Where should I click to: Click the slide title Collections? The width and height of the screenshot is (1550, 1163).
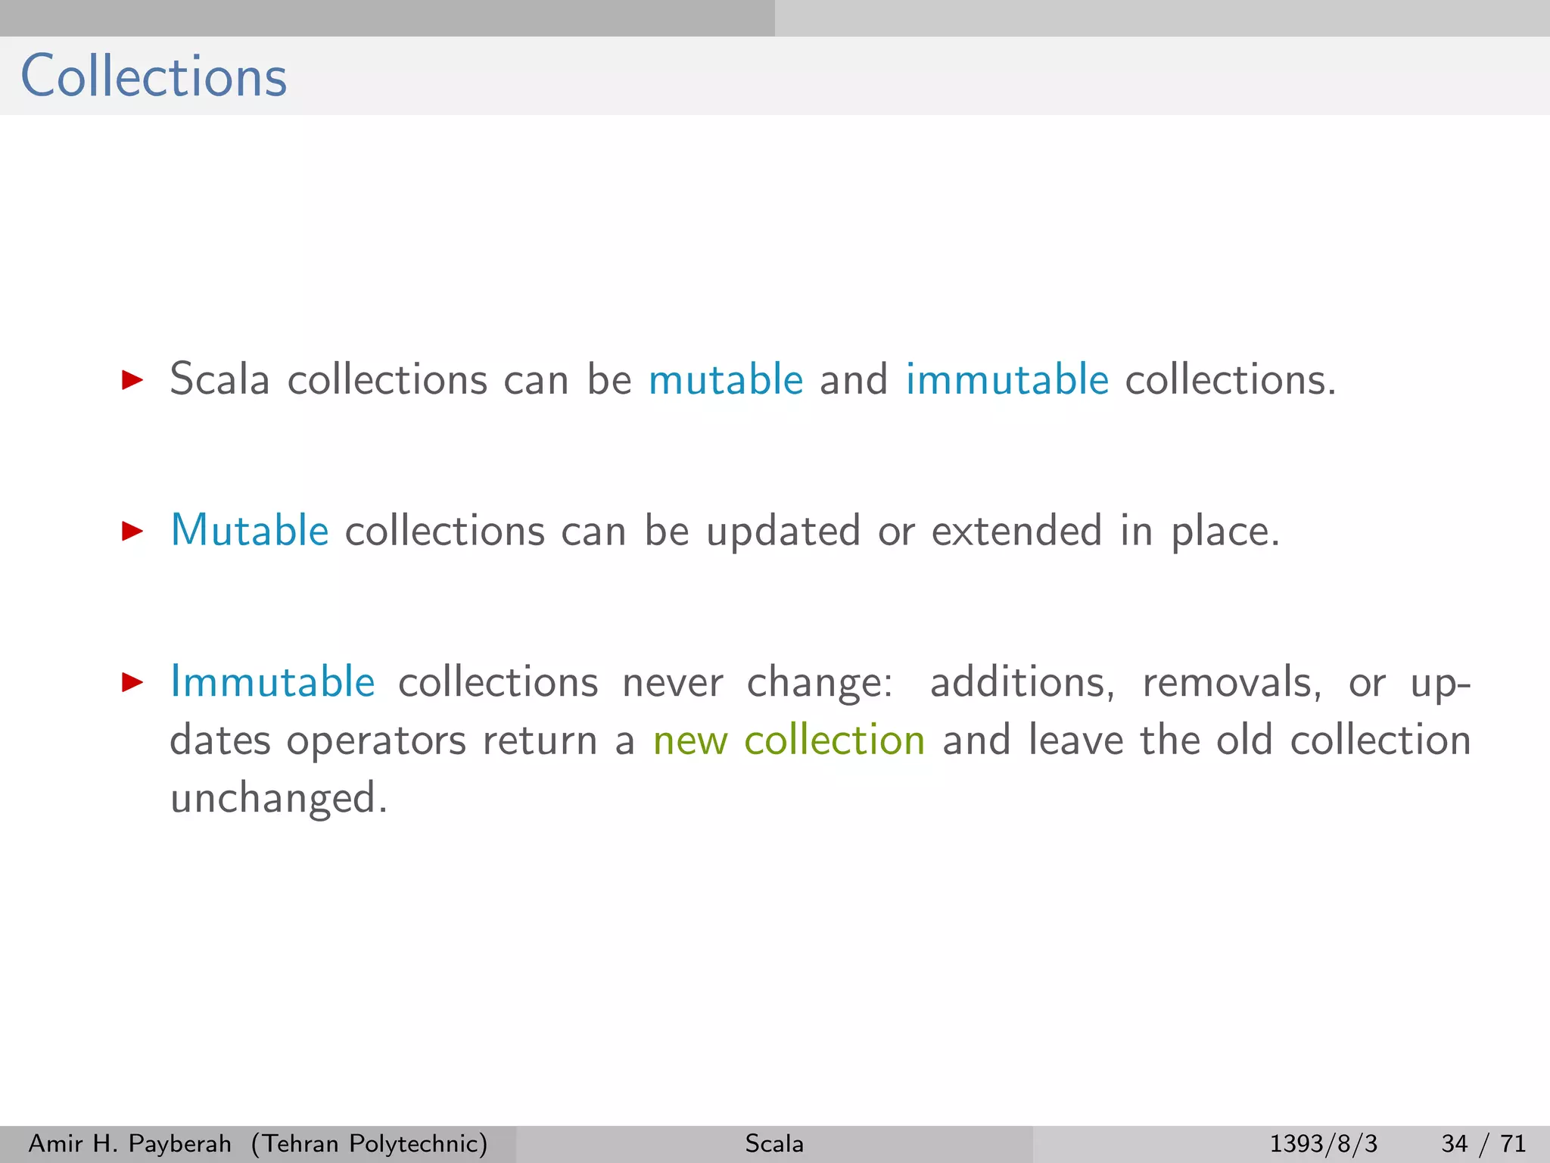tap(154, 76)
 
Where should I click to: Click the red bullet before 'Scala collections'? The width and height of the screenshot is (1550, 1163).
tap(132, 380)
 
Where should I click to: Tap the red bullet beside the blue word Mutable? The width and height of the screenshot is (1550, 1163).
tap(132, 531)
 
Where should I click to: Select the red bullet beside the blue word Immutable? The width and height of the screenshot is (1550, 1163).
tap(132, 682)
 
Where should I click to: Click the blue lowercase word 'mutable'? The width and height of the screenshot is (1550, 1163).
tap(725, 379)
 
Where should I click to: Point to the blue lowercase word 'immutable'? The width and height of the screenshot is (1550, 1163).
tap(1007, 379)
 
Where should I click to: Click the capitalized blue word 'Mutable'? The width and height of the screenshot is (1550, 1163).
tap(249, 530)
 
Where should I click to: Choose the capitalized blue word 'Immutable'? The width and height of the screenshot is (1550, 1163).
tap(272, 681)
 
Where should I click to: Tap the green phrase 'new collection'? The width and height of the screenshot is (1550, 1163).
tap(789, 741)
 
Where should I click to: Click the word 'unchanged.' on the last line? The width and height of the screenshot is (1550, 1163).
tap(279, 800)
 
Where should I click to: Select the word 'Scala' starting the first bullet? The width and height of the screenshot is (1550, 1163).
tap(219, 379)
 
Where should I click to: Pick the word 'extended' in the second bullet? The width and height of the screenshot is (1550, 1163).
tap(1016, 531)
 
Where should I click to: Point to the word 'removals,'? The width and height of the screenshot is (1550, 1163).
tap(1231, 683)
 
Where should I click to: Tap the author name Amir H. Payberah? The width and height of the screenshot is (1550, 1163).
tap(129, 1143)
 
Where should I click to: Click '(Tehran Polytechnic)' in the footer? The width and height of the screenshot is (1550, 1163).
tap(369, 1143)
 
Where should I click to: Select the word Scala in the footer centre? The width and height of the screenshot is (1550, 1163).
tap(773, 1143)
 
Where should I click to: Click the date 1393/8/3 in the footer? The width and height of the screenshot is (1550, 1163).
tap(1323, 1143)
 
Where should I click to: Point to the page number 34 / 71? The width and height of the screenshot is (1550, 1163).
tap(1483, 1143)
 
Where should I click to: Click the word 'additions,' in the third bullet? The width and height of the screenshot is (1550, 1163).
tap(1022, 683)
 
